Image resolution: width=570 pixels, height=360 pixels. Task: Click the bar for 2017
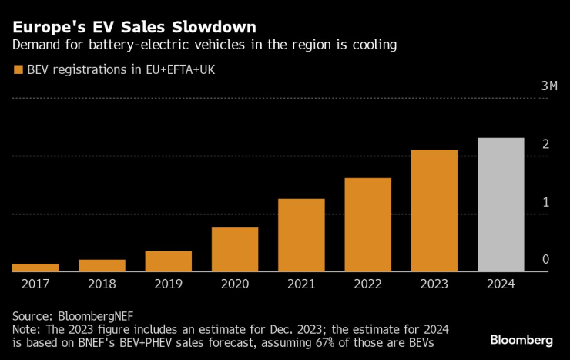(35, 267)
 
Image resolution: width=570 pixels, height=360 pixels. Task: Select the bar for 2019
(168, 261)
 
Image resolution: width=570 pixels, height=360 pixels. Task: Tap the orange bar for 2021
(301, 235)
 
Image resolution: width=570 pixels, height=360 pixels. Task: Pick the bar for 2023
(434, 210)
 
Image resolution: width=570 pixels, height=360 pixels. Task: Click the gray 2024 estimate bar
(501, 204)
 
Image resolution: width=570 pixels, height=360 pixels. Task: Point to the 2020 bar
(235, 249)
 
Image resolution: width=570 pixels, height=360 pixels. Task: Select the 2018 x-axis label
(102, 284)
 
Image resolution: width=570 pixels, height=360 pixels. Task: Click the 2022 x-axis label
(368, 284)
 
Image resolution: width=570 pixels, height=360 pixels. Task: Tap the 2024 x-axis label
(501, 284)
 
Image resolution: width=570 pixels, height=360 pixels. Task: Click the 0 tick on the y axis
(545, 260)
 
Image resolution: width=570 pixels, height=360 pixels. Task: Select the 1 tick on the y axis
(545, 202)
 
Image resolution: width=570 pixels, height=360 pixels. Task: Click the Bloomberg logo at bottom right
(521, 340)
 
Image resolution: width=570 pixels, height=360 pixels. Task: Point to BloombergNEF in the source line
(92, 316)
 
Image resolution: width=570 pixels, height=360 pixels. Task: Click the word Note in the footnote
(25, 330)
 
